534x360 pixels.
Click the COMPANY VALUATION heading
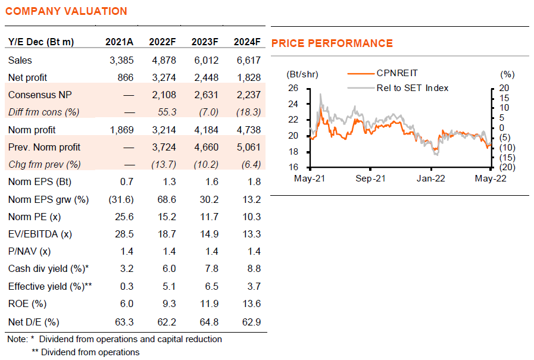coord(66,11)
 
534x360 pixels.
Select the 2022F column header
coord(162,42)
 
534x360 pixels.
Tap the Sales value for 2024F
coord(249,60)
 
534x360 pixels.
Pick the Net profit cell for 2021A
coord(126,77)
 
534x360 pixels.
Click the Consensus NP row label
coord(40,95)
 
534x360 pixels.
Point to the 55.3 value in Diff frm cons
coord(167,112)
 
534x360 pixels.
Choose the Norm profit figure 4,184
coord(206,130)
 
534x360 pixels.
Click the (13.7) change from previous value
coord(164,165)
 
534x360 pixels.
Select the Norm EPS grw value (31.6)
coord(121,199)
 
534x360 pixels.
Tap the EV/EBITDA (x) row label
coord(40,234)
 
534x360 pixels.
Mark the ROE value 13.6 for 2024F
coord(252,303)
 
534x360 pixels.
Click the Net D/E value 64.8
coord(209,322)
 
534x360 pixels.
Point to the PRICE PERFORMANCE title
coord(332,43)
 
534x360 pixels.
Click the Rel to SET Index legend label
coord(413,88)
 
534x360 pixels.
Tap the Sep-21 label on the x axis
coord(370,179)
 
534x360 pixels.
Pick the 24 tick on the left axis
coord(293,104)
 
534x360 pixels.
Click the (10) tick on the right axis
coord(507,148)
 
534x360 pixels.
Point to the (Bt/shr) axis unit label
coord(302,74)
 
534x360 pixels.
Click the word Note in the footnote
coord(17,339)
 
